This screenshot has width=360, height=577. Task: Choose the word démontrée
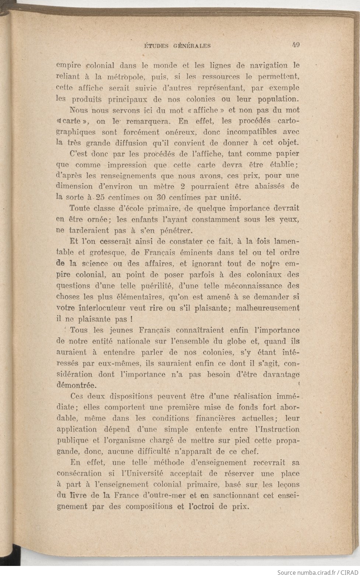(x=77, y=386)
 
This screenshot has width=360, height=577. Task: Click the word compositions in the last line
(x=151, y=507)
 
